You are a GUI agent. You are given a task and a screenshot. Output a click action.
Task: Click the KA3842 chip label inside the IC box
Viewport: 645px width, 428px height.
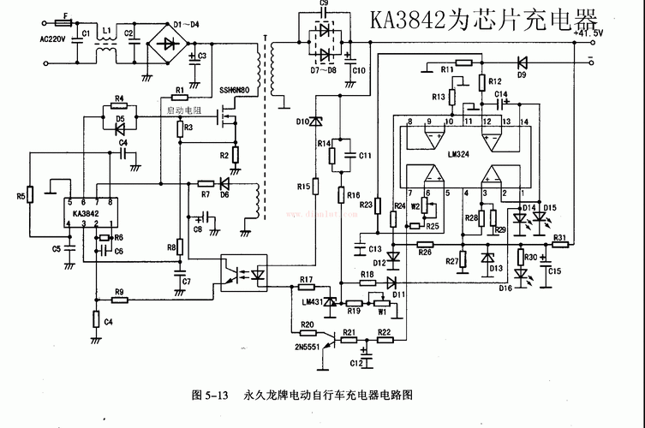pyautogui.click(x=85, y=213)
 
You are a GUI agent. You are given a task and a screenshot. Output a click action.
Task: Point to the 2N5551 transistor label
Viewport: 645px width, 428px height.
pyautogui.click(x=310, y=347)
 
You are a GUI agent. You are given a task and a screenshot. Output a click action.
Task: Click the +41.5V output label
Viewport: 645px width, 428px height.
pyautogui.click(x=588, y=33)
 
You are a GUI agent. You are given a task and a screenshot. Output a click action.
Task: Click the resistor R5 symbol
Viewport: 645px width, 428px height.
pyautogui.click(x=31, y=195)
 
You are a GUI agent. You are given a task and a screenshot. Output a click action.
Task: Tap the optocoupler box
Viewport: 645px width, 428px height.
pyautogui.click(x=247, y=272)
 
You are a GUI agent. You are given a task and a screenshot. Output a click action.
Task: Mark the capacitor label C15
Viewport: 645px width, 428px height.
pyautogui.click(x=555, y=271)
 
